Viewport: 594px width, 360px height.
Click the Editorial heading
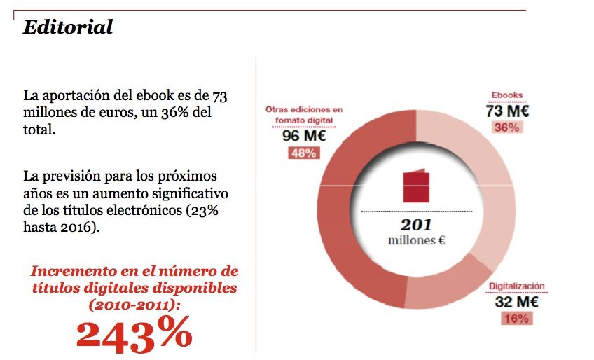point(68,27)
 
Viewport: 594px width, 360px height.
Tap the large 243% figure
point(134,334)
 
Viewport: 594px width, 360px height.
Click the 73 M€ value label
point(506,111)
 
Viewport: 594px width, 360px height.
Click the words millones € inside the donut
point(417,240)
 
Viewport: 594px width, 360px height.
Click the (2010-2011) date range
point(133,305)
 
